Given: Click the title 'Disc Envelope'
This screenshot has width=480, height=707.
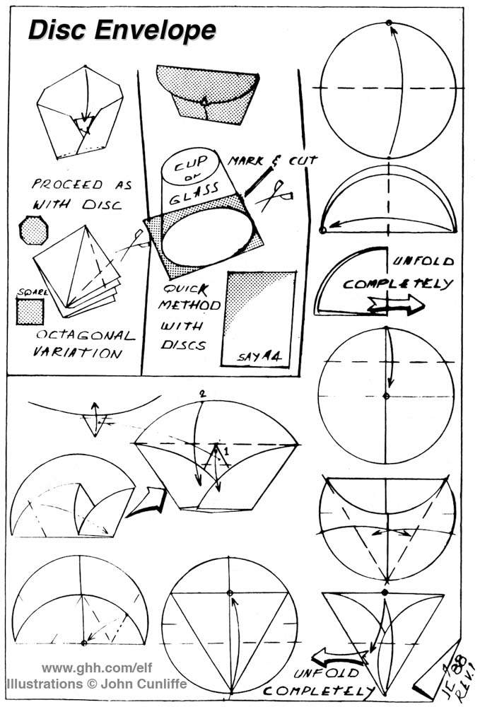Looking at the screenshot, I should coord(121,30).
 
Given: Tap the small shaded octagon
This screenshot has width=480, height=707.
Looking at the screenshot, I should coord(33,230).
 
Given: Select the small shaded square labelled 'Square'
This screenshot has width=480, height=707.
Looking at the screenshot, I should coord(30,311).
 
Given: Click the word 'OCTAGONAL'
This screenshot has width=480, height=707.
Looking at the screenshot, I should coord(83,336).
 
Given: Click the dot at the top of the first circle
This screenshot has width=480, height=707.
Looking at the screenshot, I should coord(389,23).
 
